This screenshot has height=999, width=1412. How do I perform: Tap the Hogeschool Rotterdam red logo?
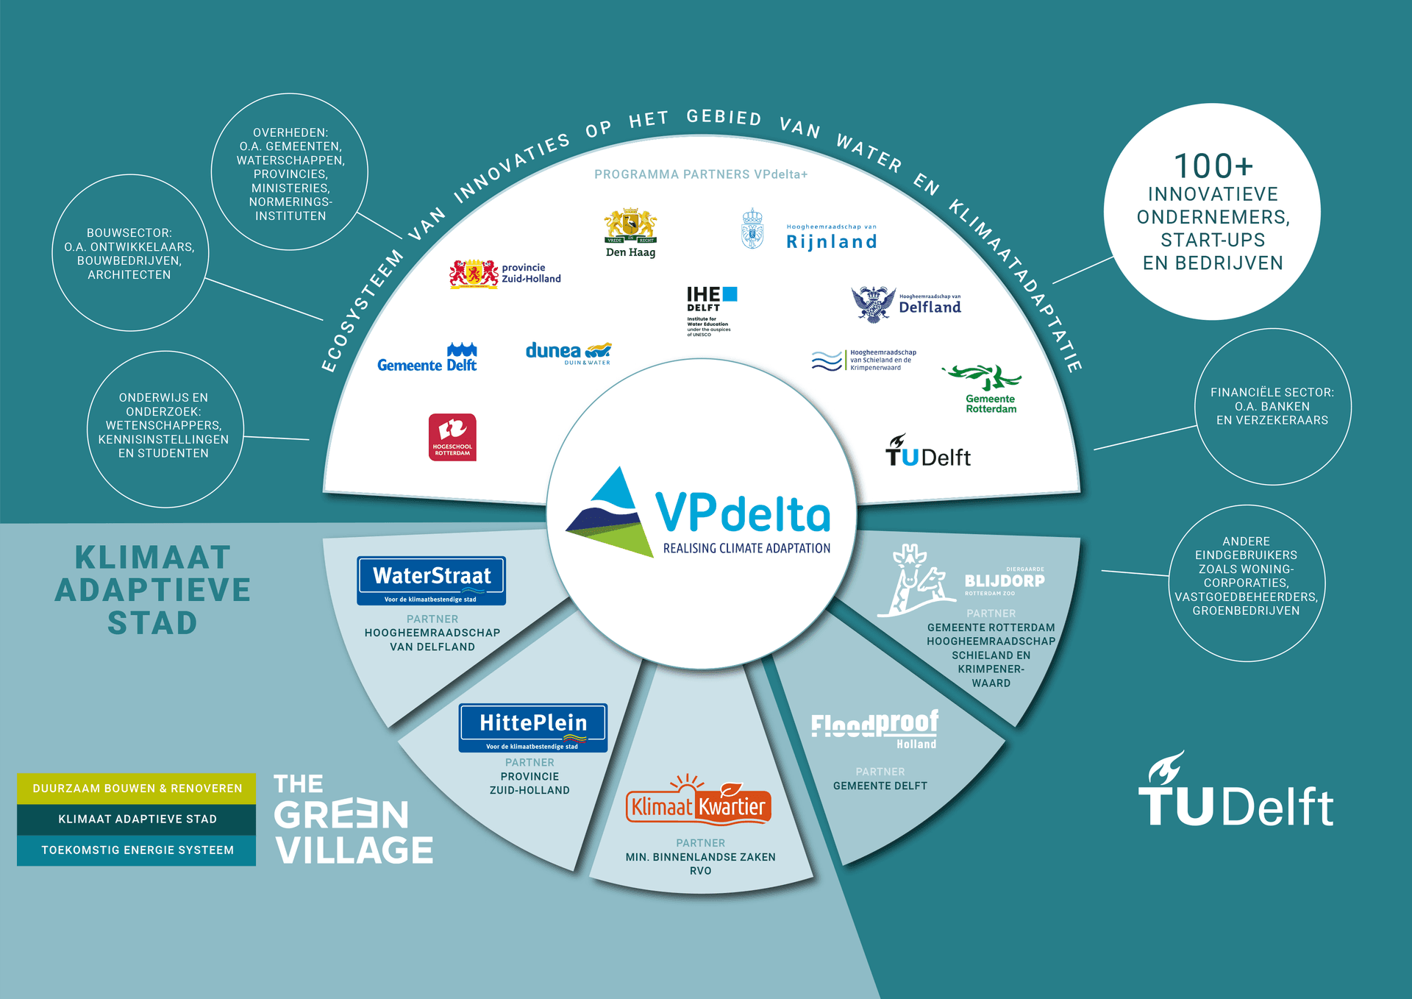point(452,437)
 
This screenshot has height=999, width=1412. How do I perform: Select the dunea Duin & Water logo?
point(568,353)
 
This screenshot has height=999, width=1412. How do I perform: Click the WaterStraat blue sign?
point(432,580)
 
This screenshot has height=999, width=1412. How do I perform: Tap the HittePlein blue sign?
point(533,727)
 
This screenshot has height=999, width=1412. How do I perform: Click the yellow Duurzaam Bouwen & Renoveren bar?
point(137,789)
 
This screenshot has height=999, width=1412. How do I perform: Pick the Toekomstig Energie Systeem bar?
point(137,850)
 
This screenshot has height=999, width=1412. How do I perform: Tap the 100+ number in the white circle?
point(1213,166)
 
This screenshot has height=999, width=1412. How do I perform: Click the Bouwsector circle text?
point(129,254)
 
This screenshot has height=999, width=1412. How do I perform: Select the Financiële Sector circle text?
point(1272,406)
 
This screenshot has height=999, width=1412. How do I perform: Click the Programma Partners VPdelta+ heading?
point(701,174)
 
